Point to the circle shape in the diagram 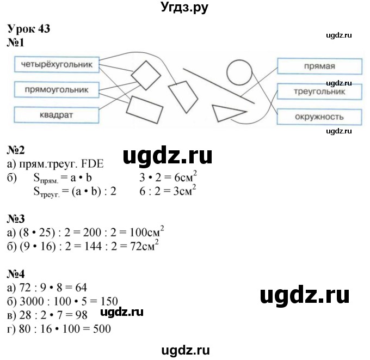[238, 71]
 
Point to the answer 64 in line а [80, 288]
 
